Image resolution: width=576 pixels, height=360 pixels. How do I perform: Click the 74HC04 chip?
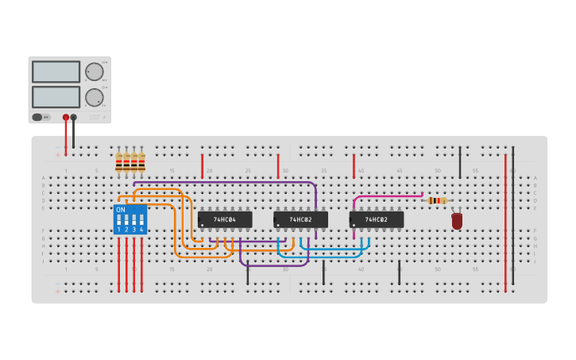[x=225, y=219]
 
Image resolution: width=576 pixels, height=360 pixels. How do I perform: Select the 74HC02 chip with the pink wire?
[x=377, y=219]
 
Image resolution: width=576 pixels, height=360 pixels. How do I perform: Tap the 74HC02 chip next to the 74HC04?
[x=300, y=219]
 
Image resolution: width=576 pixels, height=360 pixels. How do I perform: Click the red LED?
[x=457, y=221]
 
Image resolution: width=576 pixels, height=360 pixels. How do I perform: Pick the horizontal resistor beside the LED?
[x=436, y=200]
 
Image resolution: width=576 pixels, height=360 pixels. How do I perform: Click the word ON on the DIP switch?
[x=121, y=210]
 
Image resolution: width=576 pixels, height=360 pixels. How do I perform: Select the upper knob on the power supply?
[x=95, y=72]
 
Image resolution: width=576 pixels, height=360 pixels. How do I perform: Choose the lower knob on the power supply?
[x=95, y=97]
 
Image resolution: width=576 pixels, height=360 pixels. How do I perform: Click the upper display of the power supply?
[x=56, y=72]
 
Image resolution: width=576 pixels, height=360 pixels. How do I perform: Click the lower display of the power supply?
[x=56, y=97]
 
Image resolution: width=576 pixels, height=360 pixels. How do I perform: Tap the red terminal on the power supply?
[x=66, y=117]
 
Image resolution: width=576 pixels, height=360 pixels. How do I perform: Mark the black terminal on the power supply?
[x=74, y=117]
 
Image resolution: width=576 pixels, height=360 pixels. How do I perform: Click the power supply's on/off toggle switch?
[x=37, y=117]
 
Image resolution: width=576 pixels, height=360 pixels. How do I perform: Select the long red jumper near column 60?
[x=505, y=223]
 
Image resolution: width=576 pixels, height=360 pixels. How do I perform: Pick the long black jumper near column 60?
[x=513, y=215]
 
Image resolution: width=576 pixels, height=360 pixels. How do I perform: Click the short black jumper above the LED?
[x=460, y=162]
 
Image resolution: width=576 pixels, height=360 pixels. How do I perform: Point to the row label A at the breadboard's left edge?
[x=44, y=178]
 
